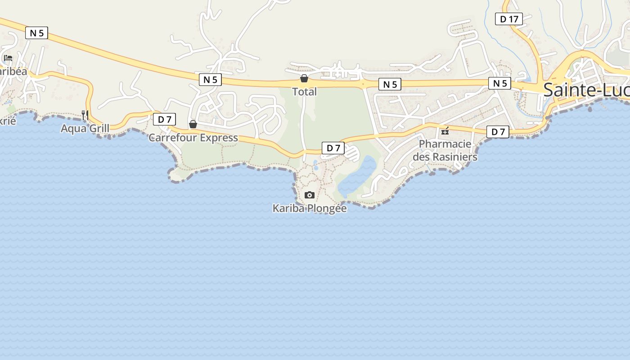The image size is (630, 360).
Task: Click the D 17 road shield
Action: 508,19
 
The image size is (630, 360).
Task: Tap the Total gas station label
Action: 305,92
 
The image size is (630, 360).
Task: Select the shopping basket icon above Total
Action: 304,79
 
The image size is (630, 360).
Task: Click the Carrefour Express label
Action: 193,138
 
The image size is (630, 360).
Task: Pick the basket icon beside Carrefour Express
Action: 193,124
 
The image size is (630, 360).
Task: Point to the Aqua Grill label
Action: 85,129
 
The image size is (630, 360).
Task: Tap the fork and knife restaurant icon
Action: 85,115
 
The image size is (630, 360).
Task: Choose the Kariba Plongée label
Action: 310,208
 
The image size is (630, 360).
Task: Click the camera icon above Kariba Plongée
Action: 309,195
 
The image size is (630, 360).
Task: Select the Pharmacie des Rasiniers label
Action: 445,150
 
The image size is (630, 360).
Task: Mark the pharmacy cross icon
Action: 445,131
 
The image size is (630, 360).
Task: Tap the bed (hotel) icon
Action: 8,58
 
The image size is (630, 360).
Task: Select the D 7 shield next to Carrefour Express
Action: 164,119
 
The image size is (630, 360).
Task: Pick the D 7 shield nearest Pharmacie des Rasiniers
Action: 498,132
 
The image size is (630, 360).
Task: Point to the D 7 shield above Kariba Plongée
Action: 333,148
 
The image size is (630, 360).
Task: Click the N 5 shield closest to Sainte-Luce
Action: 499,83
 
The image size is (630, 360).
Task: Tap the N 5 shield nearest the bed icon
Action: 36,33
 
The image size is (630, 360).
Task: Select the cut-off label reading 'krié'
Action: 8,121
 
